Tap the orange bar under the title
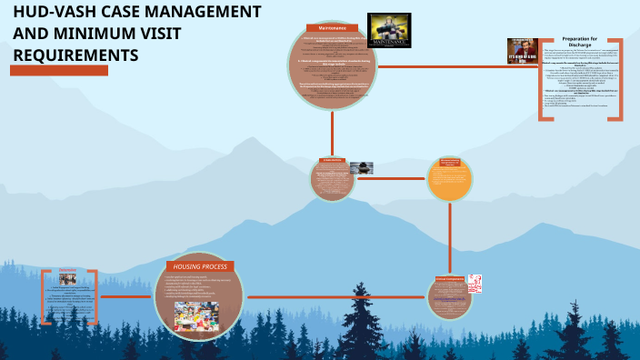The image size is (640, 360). (60, 71)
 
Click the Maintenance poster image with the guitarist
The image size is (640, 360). (388, 30)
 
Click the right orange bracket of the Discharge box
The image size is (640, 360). (618, 79)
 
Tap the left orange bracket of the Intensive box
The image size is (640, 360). (45, 296)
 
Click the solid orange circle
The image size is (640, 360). (451, 178)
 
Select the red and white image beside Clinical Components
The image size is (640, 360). (474, 285)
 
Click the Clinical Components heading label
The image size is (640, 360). (449, 277)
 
